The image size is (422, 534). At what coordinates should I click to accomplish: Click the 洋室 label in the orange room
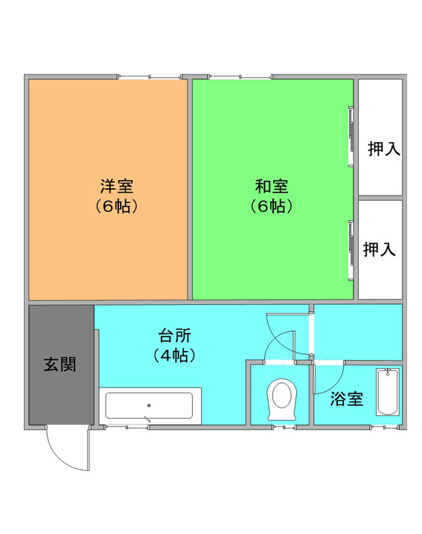117,186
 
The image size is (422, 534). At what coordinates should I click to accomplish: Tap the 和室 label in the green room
272,186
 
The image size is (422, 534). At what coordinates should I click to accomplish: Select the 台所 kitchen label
174,335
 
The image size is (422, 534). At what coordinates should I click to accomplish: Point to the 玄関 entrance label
60,364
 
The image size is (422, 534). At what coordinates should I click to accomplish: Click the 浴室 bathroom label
346,399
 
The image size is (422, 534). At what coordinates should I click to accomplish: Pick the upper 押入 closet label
384,149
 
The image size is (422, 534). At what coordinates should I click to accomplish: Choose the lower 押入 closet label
379,249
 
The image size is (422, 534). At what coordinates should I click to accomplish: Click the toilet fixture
282,399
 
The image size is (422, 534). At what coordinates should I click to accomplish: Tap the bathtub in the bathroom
388,392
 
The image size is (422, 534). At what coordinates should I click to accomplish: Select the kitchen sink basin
149,405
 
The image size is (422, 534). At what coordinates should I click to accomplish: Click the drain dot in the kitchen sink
149,405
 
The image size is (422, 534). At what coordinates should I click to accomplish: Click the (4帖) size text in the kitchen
174,356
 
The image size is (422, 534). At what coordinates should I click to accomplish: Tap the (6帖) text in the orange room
117,206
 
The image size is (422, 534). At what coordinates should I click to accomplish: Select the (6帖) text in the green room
272,206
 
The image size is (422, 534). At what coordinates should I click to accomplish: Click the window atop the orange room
150,77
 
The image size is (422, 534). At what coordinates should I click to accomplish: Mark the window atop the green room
240,77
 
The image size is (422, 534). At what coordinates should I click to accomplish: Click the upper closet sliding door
351,137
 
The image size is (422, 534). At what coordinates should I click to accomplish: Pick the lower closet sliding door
351,251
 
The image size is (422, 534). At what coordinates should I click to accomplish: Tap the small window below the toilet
284,427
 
